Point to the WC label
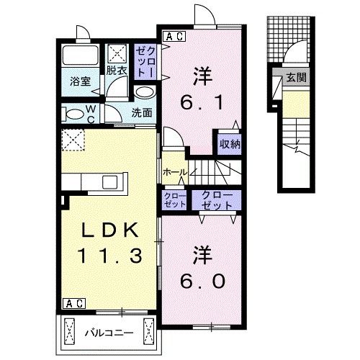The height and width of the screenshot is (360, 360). click(x=91, y=112)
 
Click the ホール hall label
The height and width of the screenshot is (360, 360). click(x=175, y=173)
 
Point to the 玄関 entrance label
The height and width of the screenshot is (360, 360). click(x=294, y=77)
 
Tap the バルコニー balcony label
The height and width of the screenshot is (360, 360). click(x=109, y=333)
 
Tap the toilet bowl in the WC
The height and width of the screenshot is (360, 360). click(x=73, y=114)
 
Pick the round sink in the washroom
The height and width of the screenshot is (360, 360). click(x=144, y=93)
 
